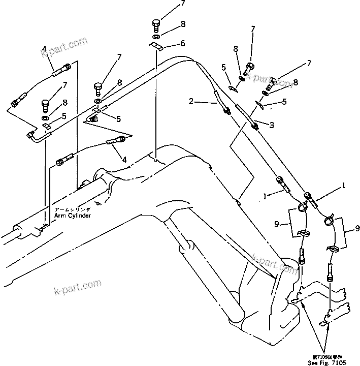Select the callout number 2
click(x=191, y=102)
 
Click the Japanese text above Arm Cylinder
click(x=73, y=208)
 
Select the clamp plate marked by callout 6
click(x=156, y=47)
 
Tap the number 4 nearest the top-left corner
click(x=45, y=49)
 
